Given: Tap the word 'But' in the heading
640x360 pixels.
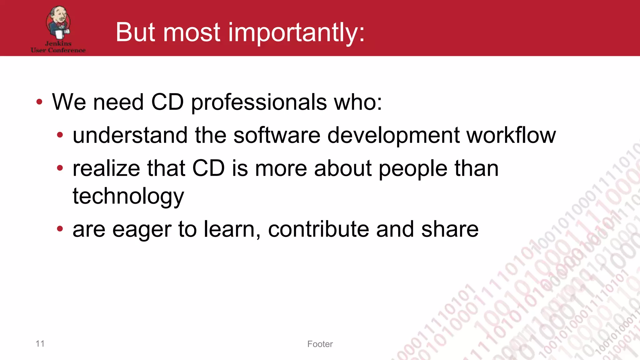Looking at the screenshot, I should [x=135, y=32].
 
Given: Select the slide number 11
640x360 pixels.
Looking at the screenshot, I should [x=40, y=343].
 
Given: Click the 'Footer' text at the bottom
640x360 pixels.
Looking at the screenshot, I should [x=320, y=344].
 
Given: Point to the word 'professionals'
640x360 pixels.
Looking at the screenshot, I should [x=259, y=102].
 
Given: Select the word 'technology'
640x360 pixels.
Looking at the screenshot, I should [x=128, y=196].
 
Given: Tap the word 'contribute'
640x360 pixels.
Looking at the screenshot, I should [x=318, y=229].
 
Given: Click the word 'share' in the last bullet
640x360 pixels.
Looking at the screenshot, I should [x=450, y=229].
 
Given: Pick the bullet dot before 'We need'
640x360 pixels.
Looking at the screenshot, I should [x=39, y=102].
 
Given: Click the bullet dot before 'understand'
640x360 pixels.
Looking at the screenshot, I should [x=60, y=135].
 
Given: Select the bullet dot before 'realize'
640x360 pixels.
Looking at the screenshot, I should [x=60, y=168].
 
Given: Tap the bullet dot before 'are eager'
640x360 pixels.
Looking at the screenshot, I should [x=60, y=229].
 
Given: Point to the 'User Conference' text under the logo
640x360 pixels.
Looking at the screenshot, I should [x=58, y=50].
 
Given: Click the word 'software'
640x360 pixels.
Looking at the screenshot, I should [x=277, y=136].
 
